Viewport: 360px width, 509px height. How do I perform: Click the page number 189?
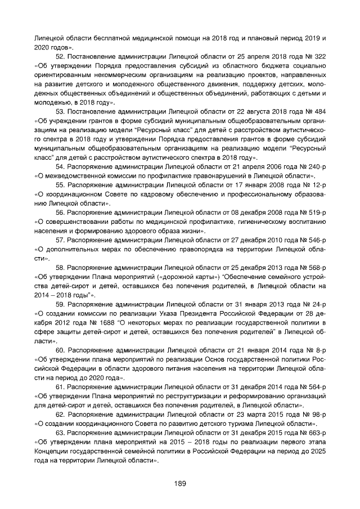(x=179, y=483)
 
